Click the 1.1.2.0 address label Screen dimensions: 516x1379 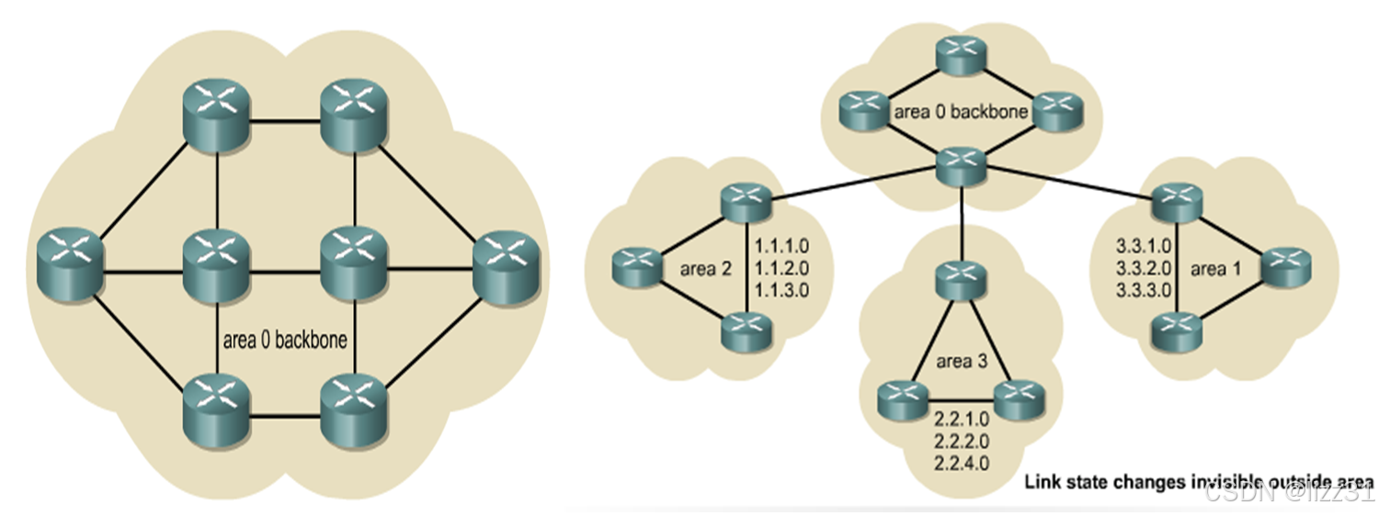point(781,270)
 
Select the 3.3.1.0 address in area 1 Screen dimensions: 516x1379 point(1142,247)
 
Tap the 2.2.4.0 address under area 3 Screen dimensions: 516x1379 point(961,463)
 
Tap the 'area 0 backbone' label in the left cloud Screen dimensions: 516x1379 point(285,341)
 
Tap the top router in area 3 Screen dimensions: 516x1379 point(961,279)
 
